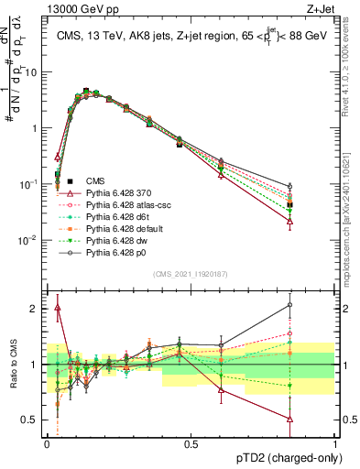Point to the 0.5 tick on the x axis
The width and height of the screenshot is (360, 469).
[x=191, y=443]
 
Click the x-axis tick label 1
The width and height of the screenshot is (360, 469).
[x=334, y=443]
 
